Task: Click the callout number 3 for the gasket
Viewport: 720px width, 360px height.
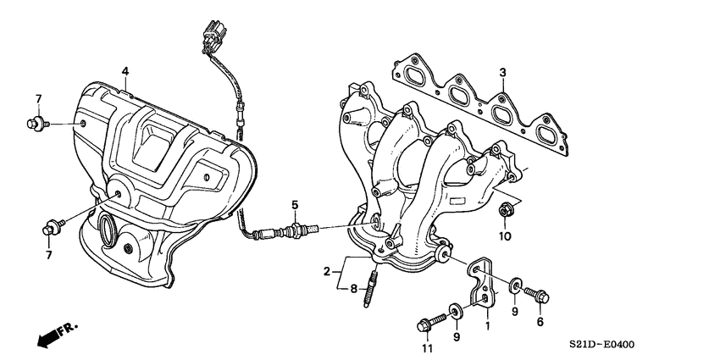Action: pyautogui.click(x=502, y=73)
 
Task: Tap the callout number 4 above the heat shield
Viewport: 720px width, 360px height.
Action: pyautogui.click(x=125, y=70)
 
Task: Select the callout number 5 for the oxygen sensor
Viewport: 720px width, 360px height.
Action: pyautogui.click(x=295, y=204)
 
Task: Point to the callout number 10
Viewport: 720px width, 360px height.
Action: pyautogui.click(x=505, y=236)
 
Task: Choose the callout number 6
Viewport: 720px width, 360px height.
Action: pyautogui.click(x=540, y=322)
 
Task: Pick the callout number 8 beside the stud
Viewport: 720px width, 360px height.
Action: pyautogui.click(x=355, y=288)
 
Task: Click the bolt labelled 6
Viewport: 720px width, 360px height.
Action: pyautogui.click(x=536, y=295)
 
